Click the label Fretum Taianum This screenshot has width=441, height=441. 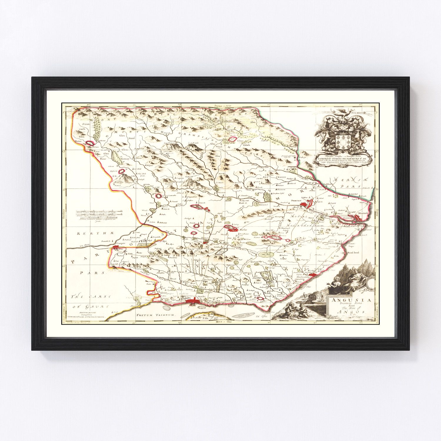click(x=156, y=314)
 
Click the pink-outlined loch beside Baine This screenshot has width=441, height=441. click(x=90, y=143)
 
